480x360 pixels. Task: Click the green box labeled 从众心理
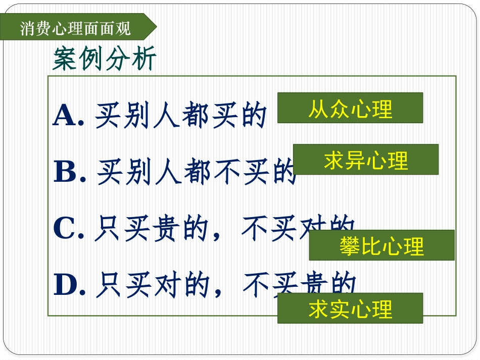click(350, 108)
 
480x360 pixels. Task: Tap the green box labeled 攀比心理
click(381, 245)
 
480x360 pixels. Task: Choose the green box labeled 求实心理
click(350, 308)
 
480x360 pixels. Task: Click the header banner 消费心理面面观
click(76, 28)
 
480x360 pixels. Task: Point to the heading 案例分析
click(105, 60)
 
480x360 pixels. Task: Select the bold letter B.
click(66, 173)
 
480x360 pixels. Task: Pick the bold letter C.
click(65, 230)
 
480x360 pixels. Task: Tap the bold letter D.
click(66, 286)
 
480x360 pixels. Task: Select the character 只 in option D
click(108, 286)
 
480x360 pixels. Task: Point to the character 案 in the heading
click(65, 60)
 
